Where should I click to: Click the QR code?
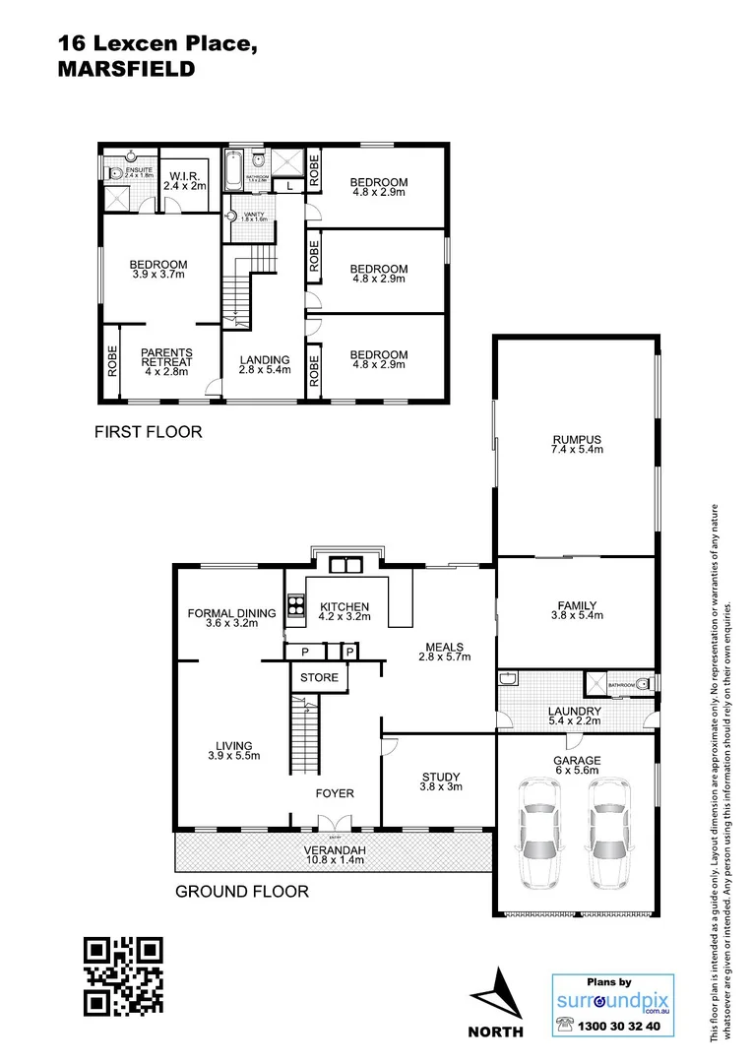pyautogui.click(x=122, y=975)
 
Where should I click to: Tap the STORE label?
pyautogui.click(x=319, y=677)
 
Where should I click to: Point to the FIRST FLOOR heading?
pyautogui.click(x=148, y=431)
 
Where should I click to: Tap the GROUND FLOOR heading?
pyautogui.click(x=241, y=892)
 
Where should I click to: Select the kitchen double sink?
pyautogui.click(x=345, y=565)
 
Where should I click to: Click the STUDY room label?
pyautogui.click(x=440, y=777)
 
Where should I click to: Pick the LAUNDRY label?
pyautogui.click(x=575, y=712)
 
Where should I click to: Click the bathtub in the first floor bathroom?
pyautogui.click(x=233, y=172)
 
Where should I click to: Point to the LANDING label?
pyautogui.click(x=264, y=359)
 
